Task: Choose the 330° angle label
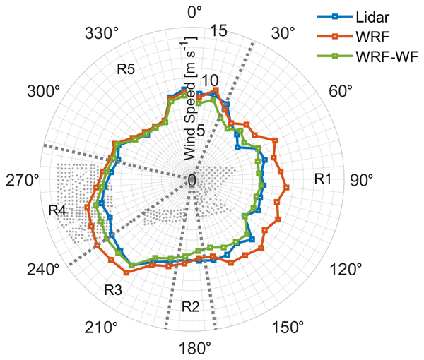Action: tap(101, 35)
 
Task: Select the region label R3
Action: tap(114, 289)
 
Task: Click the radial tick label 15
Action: tap(218, 31)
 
